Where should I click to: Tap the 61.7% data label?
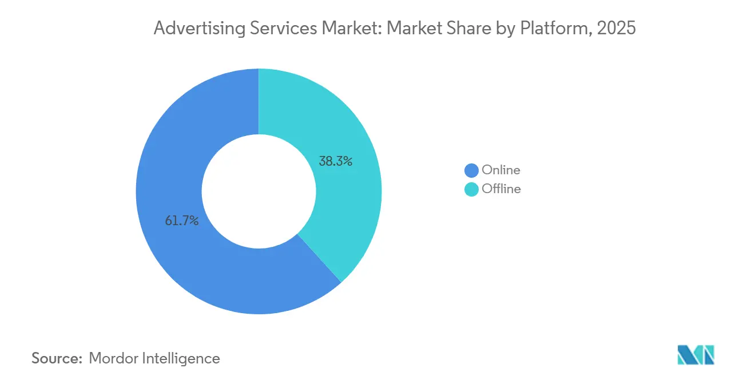pos(182,221)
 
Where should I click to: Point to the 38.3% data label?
pos(336,161)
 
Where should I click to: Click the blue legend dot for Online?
pos(471,170)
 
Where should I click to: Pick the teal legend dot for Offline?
pos(471,189)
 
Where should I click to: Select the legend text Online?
pos(501,170)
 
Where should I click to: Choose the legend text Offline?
pos(502,189)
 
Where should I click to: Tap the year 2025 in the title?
pos(616,28)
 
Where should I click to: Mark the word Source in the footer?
pos(57,358)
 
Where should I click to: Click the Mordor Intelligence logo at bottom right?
pos(696,355)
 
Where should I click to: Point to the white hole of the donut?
pos(259,191)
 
